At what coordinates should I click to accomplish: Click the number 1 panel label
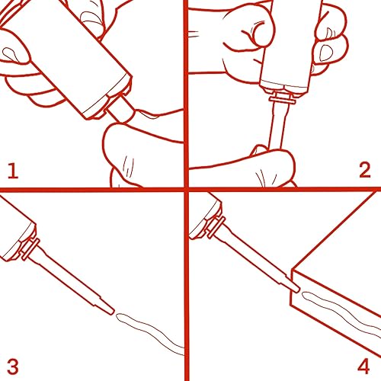[x=13, y=171]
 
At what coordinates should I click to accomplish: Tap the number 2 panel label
[x=365, y=170]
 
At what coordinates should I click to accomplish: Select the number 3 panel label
[x=13, y=367]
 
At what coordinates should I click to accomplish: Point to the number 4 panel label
[x=363, y=367]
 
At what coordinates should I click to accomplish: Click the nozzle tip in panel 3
[x=113, y=312]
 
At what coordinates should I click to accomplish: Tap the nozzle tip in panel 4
[x=298, y=290]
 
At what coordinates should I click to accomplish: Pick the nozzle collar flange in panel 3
[x=30, y=249]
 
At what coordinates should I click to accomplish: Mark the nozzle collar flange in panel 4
[x=216, y=227]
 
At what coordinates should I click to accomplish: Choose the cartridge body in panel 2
[x=290, y=46]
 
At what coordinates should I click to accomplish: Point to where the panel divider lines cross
[x=187, y=189]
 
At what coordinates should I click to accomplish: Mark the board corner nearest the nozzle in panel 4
[x=293, y=270]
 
